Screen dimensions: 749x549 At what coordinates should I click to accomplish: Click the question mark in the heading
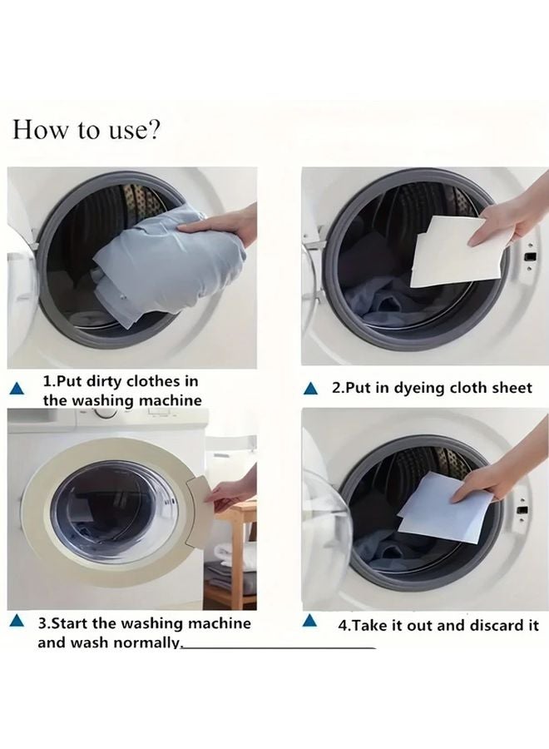156,131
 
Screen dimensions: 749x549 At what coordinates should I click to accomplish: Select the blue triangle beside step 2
311,389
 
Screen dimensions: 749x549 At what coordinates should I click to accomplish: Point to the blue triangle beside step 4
311,621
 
